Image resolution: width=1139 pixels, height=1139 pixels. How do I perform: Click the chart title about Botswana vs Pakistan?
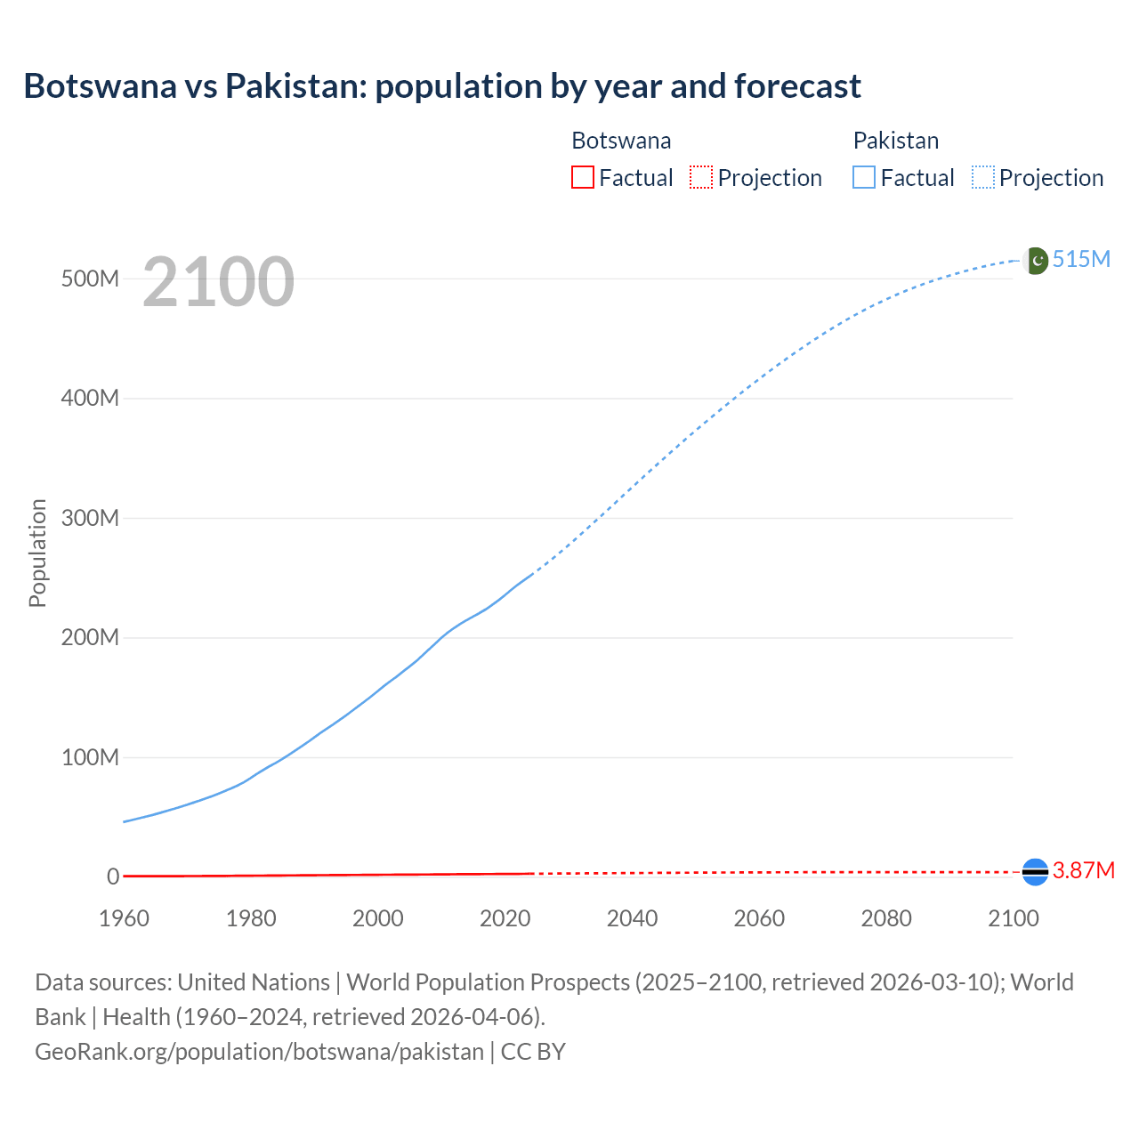pyautogui.click(x=442, y=86)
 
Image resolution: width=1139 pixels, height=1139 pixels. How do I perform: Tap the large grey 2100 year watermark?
pyautogui.click(x=218, y=281)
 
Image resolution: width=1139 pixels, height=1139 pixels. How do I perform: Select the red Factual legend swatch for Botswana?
pyautogui.click(x=582, y=177)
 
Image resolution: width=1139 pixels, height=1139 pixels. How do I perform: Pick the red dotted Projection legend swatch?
pyautogui.click(x=701, y=177)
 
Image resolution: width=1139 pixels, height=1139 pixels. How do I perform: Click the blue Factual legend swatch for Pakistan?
pyautogui.click(x=864, y=177)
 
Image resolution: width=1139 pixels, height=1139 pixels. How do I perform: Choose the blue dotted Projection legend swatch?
pyautogui.click(x=983, y=177)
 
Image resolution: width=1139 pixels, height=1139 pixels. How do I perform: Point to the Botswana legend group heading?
pyautogui.click(x=621, y=141)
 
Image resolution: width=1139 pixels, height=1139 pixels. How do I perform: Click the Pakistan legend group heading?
pyautogui.click(x=896, y=141)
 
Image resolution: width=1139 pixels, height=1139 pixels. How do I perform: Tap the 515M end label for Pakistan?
pyautogui.click(x=1081, y=259)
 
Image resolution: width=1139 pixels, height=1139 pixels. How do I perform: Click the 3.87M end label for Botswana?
pyautogui.click(x=1083, y=870)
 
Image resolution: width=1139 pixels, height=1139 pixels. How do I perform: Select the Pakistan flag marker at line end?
pyautogui.click(x=1036, y=261)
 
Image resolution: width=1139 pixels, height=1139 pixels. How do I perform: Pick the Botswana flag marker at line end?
pyautogui.click(x=1035, y=872)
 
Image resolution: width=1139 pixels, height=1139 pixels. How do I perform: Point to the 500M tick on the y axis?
pyautogui.click(x=90, y=279)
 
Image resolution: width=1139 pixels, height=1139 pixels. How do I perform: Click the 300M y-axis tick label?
pyautogui.click(x=90, y=518)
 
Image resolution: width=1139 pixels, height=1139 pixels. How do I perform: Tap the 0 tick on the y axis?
pyautogui.click(x=113, y=876)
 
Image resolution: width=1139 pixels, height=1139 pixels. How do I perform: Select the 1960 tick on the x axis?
pyautogui.click(x=124, y=918)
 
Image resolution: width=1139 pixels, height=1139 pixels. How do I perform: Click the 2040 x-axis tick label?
pyautogui.click(x=632, y=918)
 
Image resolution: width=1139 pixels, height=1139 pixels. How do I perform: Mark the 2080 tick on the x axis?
pyautogui.click(x=886, y=918)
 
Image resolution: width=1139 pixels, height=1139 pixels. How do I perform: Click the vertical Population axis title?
pyautogui.click(x=37, y=553)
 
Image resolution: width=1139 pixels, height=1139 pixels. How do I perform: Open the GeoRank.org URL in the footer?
pyautogui.click(x=259, y=1052)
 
